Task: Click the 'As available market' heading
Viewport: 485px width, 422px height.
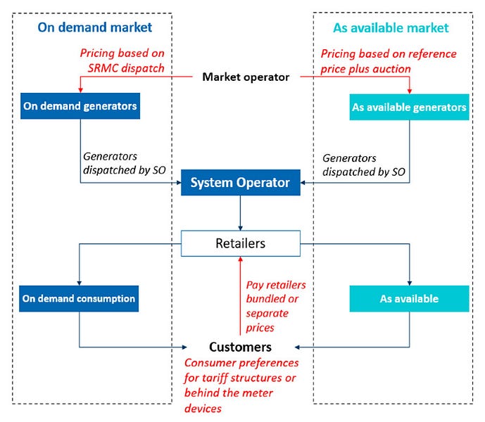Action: click(390, 28)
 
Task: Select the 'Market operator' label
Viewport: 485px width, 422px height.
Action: click(246, 77)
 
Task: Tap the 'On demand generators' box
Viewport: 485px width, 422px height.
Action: click(79, 106)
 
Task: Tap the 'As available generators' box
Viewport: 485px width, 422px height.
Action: click(409, 107)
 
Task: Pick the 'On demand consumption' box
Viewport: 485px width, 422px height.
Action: click(79, 298)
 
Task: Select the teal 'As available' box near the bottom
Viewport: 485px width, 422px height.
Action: click(409, 299)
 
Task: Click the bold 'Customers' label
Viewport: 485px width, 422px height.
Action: click(240, 347)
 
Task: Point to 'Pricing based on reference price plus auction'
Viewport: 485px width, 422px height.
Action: click(389, 60)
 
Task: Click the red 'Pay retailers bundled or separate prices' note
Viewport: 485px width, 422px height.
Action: click(275, 307)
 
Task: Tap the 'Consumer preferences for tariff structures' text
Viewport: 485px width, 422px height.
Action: click(241, 385)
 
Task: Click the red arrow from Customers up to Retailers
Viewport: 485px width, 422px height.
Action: click(241, 295)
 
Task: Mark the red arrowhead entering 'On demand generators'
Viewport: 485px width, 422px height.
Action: click(80, 89)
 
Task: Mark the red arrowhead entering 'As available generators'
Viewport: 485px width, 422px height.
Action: click(410, 89)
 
